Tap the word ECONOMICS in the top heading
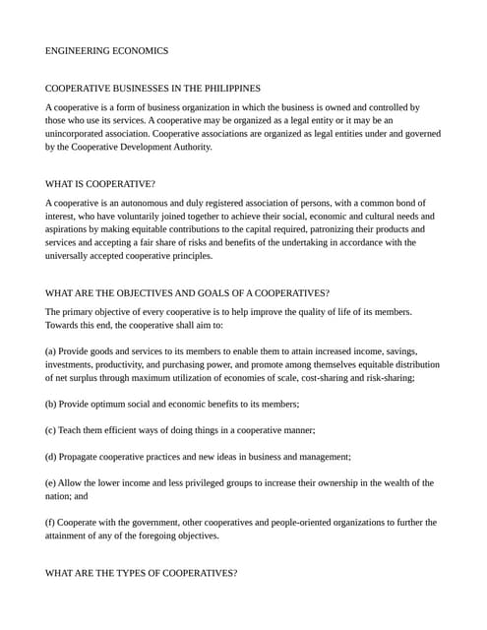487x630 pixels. point(141,50)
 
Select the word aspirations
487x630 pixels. point(70,228)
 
